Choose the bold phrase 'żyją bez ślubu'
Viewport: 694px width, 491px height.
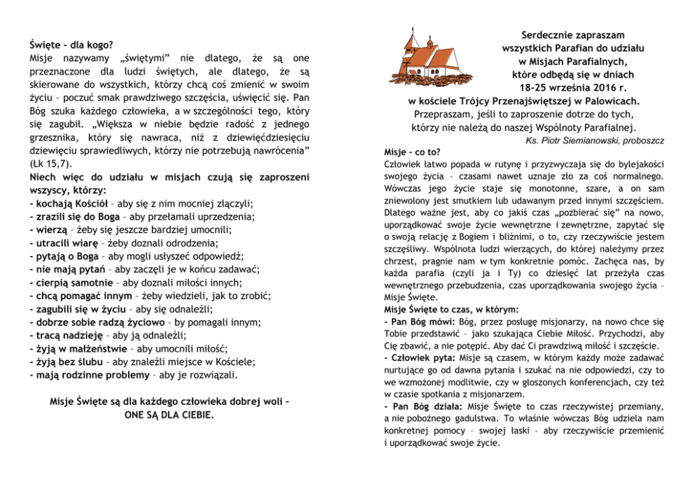pyautogui.click(x=69, y=362)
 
